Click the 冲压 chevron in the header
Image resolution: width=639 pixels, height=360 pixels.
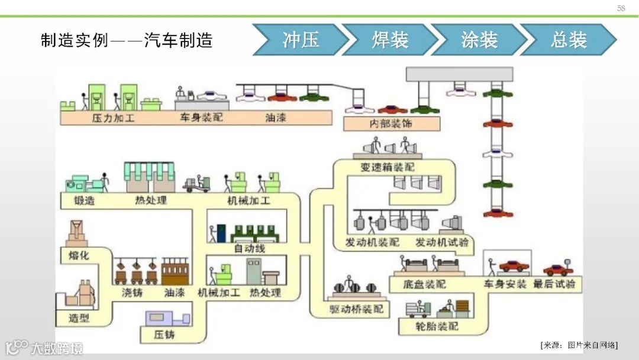(x=301, y=40)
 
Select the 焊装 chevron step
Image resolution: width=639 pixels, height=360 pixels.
(x=390, y=40)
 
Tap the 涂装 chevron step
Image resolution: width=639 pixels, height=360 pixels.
(x=479, y=40)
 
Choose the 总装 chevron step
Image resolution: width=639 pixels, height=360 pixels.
(x=568, y=40)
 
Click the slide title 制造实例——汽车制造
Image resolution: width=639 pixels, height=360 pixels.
(x=127, y=40)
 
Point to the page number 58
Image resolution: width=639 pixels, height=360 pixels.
(x=621, y=8)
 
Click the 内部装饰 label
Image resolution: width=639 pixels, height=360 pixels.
(x=391, y=124)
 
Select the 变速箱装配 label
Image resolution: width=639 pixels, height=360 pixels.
(x=388, y=167)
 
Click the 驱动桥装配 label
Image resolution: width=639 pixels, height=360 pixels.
(x=356, y=308)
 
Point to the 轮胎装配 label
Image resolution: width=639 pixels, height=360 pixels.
(x=437, y=326)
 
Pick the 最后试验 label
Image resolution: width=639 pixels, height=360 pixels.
(x=554, y=284)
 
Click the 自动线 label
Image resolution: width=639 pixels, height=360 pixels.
(x=250, y=248)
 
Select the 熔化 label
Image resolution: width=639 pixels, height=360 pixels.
(x=78, y=255)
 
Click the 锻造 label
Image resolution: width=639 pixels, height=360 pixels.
(x=84, y=200)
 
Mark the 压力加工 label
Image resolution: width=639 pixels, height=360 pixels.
(x=113, y=118)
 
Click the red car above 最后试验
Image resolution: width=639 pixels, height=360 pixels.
(x=558, y=269)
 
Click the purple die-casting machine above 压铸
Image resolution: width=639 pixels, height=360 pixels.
(x=168, y=319)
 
